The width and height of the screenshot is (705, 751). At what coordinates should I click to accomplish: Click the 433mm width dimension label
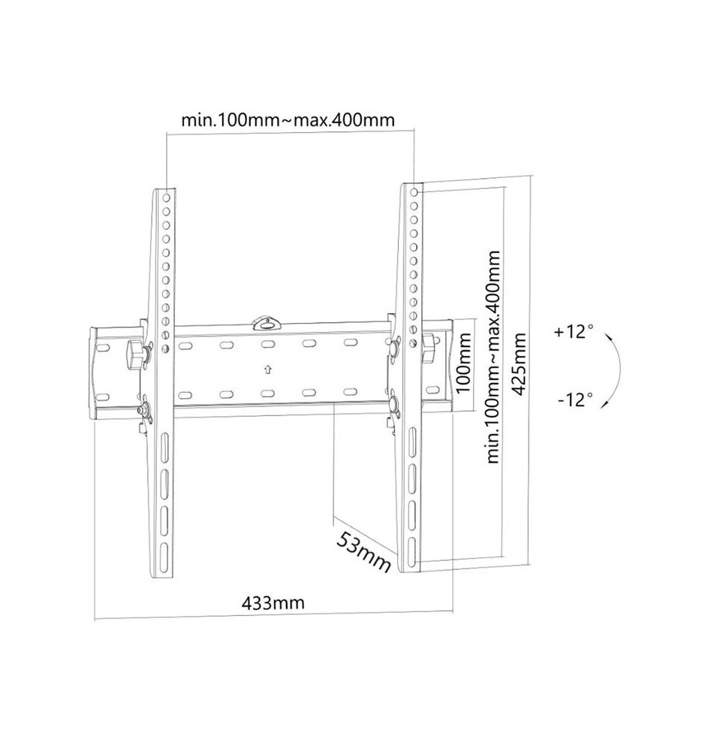273,602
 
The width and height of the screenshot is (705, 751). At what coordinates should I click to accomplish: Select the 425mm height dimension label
519,364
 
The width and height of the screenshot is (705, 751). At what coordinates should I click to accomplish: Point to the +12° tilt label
573,331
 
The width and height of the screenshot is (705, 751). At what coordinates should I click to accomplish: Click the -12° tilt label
574,399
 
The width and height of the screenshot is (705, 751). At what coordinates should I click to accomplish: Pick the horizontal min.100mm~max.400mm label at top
288,119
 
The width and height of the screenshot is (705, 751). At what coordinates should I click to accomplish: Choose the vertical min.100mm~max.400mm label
493,357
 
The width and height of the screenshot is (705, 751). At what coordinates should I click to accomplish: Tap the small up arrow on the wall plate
268,369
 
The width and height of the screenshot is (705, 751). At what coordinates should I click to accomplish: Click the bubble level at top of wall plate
267,323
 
